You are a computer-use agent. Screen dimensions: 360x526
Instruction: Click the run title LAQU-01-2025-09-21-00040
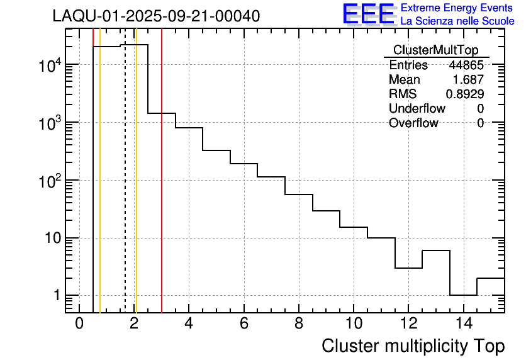[156, 16]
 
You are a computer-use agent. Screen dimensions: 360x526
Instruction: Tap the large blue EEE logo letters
[369, 14]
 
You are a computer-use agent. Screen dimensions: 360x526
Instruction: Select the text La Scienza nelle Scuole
[457, 21]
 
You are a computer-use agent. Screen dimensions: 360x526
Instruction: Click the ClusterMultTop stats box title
[435, 50]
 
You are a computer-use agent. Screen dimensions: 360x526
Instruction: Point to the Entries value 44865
[466, 65]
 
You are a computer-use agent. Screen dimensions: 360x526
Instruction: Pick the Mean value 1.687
[469, 80]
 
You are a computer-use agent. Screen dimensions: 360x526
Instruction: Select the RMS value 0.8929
[465, 94]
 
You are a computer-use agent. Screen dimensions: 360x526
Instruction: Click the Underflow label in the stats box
[417, 108]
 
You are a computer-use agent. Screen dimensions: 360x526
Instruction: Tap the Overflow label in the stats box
[413, 123]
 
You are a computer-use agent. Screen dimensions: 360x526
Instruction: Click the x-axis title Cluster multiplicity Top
[413, 346]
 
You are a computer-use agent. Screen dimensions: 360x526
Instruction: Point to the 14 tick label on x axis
[462, 324]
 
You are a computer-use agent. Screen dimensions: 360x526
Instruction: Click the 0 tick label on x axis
[79, 324]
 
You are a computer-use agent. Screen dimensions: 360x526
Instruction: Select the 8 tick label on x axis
[298, 324]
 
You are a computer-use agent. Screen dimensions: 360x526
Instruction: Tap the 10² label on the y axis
[45, 181]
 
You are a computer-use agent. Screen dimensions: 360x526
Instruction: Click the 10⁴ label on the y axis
[45, 65]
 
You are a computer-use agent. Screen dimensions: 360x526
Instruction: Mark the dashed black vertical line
[125, 189]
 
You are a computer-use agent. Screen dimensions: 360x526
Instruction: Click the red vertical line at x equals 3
[162, 189]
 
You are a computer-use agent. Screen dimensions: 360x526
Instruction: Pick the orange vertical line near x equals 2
[136, 189]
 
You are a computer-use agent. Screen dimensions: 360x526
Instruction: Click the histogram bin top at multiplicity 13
[435, 250]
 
